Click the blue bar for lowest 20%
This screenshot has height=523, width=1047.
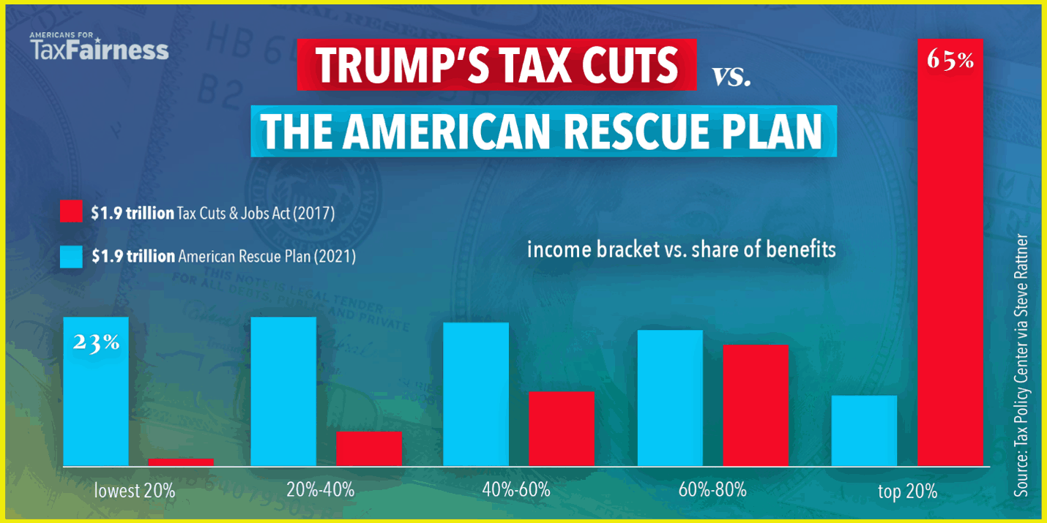point(96,395)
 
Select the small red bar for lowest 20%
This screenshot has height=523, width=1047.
point(181,462)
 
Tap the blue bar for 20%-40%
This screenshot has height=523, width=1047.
point(283,391)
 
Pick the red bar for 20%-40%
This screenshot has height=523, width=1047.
point(369,448)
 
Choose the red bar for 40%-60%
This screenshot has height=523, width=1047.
point(562,429)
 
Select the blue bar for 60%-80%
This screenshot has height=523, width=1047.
point(670,398)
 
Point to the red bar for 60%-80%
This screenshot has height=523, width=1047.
point(756,405)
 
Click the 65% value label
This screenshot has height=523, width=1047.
point(950,60)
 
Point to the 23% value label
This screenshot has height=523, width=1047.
point(96,342)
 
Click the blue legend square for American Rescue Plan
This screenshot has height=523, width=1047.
point(71,257)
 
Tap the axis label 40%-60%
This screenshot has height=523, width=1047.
point(516,489)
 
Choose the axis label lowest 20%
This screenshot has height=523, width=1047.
point(135,490)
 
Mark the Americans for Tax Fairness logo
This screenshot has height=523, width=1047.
point(99,46)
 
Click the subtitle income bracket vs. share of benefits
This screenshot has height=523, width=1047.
point(681,249)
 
